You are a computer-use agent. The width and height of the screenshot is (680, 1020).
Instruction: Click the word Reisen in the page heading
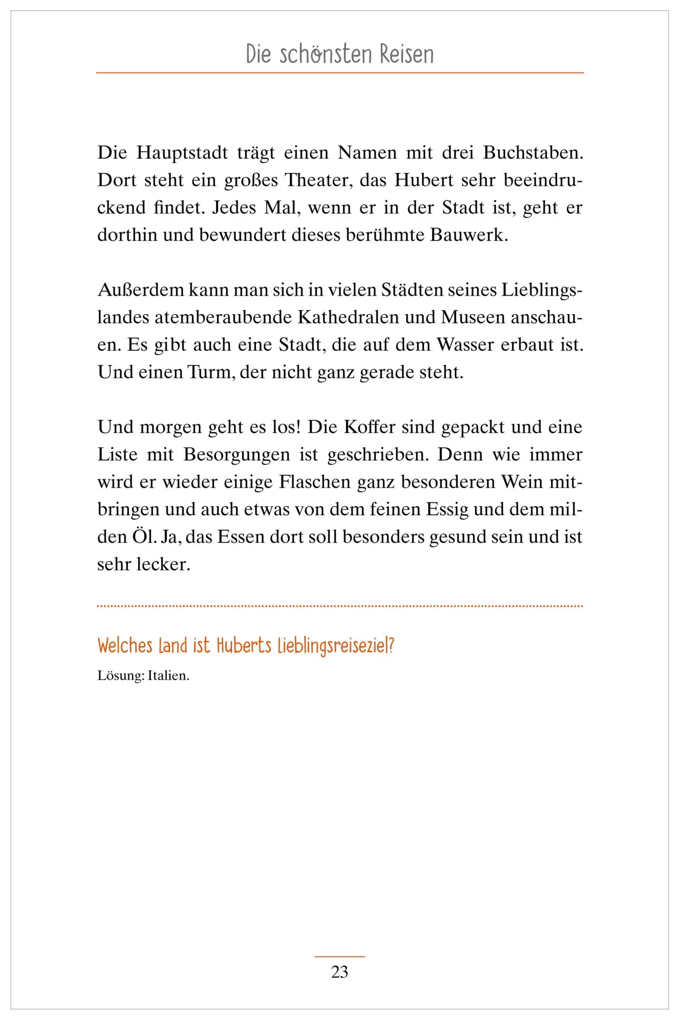tap(406, 55)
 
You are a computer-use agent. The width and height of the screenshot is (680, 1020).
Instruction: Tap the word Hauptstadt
tap(182, 152)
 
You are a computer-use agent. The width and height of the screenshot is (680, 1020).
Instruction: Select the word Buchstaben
tap(533, 152)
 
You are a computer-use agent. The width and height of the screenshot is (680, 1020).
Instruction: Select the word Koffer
tap(370, 427)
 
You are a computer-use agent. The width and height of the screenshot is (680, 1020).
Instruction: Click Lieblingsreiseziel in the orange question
tap(336, 646)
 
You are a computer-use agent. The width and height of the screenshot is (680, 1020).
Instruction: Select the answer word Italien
tap(168, 676)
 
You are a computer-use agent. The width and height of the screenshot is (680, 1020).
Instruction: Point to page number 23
tap(339, 972)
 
